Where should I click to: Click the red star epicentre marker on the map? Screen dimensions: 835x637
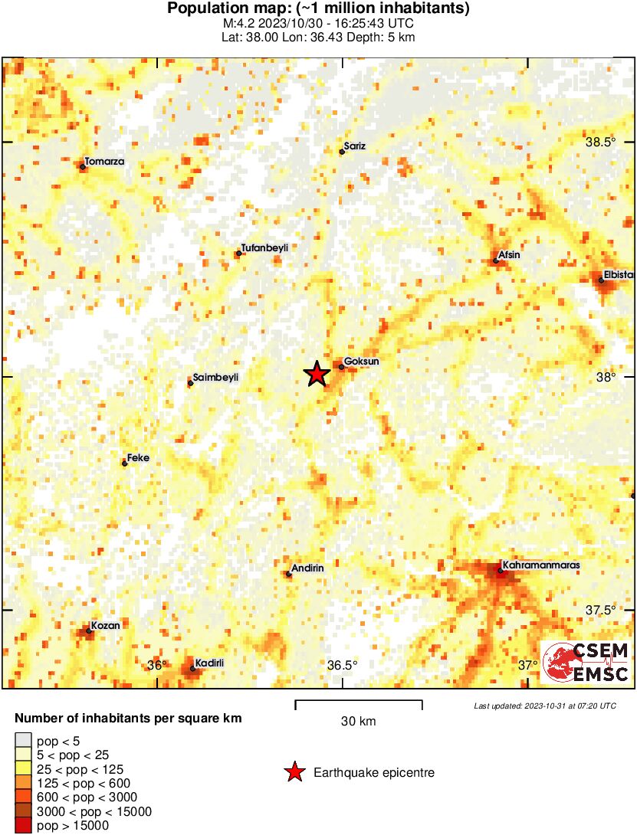pos(317,374)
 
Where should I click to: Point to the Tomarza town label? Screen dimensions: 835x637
pos(104,162)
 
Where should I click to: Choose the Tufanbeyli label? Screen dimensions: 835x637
pos(264,247)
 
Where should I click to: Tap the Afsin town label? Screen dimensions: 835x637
pos(511,255)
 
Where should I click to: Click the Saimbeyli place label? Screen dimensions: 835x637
pos(216,377)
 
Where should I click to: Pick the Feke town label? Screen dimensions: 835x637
pos(139,457)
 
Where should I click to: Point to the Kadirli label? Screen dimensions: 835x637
pos(209,663)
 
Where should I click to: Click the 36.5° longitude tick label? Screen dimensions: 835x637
pos(342,665)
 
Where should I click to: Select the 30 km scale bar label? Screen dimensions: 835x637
pos(358,722)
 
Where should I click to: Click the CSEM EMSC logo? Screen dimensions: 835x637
pos(586,662)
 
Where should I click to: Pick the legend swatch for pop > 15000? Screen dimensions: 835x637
pos(24,825)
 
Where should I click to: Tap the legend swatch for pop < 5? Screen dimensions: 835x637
pos(24,741)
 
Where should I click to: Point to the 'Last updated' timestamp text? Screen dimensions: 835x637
pos(544,706)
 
